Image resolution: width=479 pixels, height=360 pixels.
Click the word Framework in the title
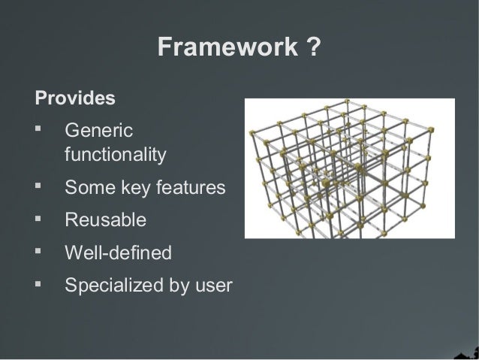click(x=227, y=48)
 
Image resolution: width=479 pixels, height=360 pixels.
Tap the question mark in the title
click(x=315, y=48)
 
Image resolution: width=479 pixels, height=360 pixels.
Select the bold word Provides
click(x=75, y=98)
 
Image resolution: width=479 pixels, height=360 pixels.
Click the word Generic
click(x=98, y=131)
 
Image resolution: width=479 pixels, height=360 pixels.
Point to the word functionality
click(x=115, y=155)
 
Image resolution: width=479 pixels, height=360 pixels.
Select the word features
click(x=191, y=188)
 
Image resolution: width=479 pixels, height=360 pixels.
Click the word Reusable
click(x=105, y=220)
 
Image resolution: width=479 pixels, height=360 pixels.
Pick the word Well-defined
click(x=118, y=253)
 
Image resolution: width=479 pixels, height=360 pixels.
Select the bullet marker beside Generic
click(x=40, y=130)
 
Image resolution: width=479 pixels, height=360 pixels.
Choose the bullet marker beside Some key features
click(x=40, y=187)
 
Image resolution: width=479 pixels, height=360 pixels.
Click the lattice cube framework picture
click(x=349, y=169)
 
